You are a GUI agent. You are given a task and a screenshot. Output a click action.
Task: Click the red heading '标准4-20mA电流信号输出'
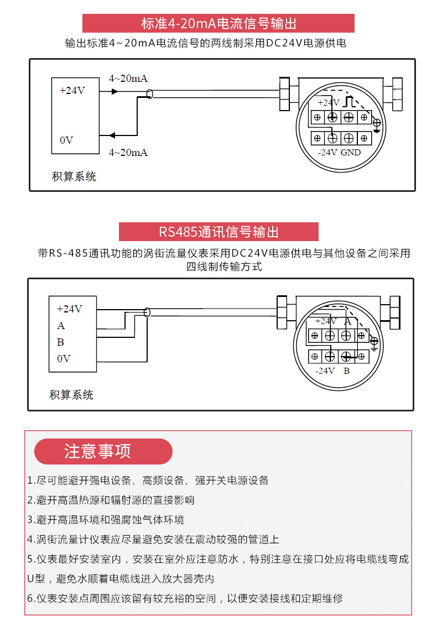click(218, 24)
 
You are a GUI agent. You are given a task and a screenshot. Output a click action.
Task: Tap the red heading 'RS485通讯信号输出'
click(218, 232)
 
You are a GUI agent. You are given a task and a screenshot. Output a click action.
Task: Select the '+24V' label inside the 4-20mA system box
click(72, 90)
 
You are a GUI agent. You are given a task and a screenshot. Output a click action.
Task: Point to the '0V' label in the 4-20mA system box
click(66, 140)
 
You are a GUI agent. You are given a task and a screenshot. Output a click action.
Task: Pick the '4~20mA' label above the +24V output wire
click(128, 78)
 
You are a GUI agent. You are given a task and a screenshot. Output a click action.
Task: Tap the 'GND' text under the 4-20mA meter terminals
click(351, 152)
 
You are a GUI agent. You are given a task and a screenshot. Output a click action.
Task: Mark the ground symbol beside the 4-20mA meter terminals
click(377, 124)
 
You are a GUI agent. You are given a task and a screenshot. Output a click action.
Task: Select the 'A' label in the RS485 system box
click(61, 326)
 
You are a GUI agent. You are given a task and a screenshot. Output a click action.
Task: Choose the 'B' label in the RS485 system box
click(61, 342)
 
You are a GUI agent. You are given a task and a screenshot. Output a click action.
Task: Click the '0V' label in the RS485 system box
click(64, 359)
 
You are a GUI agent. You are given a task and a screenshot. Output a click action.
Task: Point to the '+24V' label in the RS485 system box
click(69, 309)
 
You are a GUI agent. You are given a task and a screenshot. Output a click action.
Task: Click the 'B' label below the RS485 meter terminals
click(347, 370)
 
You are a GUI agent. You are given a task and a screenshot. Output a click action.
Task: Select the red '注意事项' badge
click(103, 451)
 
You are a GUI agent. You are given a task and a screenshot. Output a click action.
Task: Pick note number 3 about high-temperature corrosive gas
click(106, 520)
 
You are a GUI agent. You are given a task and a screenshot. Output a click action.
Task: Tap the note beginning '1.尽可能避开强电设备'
click(148, 480)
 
